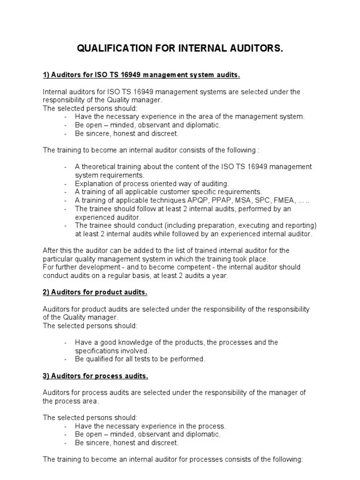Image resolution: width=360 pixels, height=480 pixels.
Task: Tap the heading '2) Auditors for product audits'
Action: pos(95,292)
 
